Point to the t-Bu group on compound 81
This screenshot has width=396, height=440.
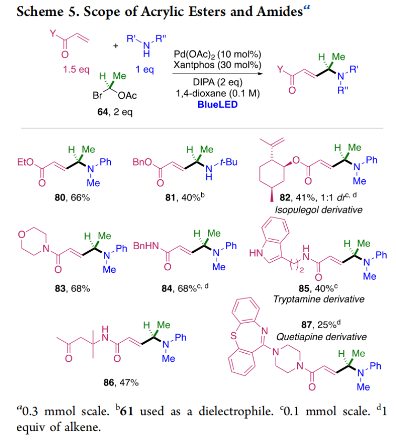[x=229, y=162]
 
